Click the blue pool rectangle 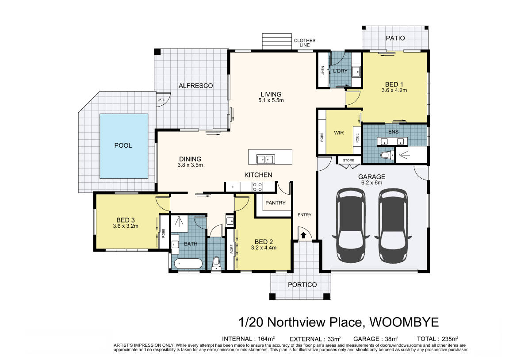(124, 146)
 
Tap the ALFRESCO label (196, 86)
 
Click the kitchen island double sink (265, 159)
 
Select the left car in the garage (351, 226)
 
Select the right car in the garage (393, 226)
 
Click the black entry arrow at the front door (303, 235)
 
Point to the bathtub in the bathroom (188, 264)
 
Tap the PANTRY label (275, 203)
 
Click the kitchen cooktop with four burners (257, 187)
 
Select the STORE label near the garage (348, 161)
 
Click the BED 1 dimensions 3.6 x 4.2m (394, 90)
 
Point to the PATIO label (395, 38)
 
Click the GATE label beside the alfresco (161, 100)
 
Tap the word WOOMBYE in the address (404, 322)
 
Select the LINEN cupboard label (323, 71)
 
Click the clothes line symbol (273, 41)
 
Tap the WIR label (339, 133)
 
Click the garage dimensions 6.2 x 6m (371, 183)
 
